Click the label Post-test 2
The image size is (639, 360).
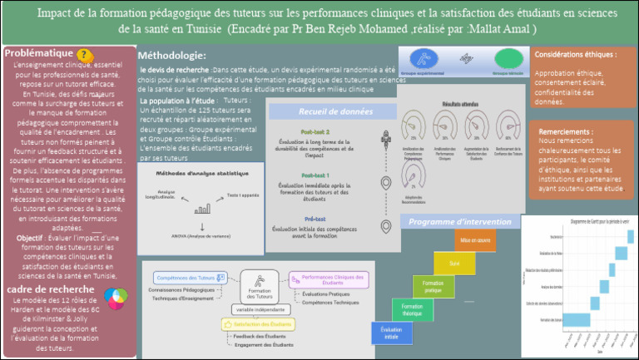[315, 132]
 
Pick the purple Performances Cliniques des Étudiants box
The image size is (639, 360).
[328, 280]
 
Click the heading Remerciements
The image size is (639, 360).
[566, 131]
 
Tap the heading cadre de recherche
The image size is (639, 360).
[54, 288]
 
